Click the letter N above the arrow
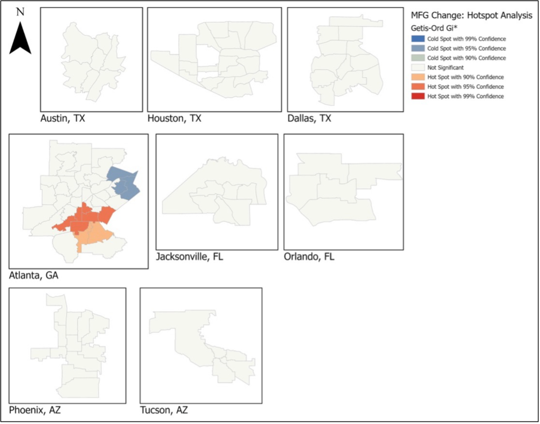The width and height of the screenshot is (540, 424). tap(20, 11)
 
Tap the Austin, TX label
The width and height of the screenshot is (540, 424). tap(63, 119)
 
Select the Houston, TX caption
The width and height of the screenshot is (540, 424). tap(174, 119)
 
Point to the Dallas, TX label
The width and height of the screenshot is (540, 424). tap(309, 119)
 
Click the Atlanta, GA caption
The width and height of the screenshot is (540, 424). tap(33, 275)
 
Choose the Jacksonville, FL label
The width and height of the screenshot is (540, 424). tap(190, 257)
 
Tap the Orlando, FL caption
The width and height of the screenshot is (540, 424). tap(309, 257)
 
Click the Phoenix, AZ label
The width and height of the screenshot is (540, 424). tap(35, 410)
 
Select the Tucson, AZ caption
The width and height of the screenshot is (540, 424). tap(164, 410)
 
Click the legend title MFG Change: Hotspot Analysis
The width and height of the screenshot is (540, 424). tap(471, 15)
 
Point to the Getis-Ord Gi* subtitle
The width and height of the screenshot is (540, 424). tap(434, 28)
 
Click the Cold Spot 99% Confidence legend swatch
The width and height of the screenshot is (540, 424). tap(418, 39)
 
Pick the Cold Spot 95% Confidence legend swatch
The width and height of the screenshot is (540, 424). tap(418, 48)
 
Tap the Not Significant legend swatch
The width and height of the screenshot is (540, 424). tap(418, 67)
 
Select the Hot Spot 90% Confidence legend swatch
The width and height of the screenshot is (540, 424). tap(418, 77)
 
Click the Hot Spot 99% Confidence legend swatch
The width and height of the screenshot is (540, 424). tap(418, 96)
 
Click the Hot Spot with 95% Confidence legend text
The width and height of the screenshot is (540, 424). tap(465, 87)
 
